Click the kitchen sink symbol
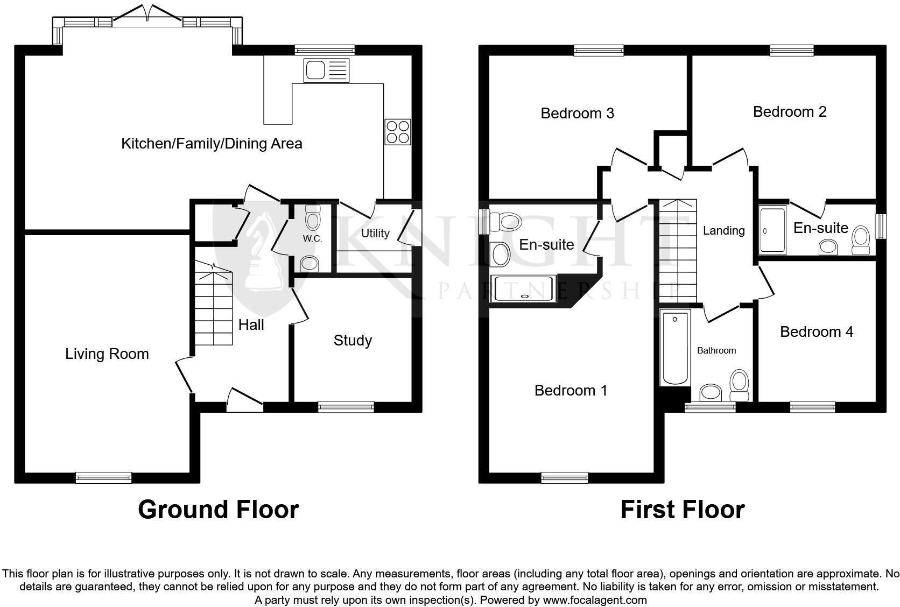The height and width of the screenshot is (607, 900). [326, 70]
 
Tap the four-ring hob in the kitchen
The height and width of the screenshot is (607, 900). [397, 132]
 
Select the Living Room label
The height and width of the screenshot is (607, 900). [107, 354]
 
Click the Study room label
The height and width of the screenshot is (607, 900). [353, 340]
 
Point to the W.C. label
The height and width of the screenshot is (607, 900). [312, 238]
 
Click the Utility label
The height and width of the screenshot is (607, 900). [375, 233]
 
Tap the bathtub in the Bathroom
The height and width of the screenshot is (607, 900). [675, 347]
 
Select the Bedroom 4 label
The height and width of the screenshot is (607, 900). [816, 331]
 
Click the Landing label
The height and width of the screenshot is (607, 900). [723, 230]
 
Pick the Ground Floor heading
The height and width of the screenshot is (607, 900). [218, 509]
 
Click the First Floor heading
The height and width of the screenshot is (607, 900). [682, 509]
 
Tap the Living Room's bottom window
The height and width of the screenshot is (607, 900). [103, 477]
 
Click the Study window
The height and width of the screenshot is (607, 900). [346, 407]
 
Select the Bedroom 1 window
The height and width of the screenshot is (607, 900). [564, 477]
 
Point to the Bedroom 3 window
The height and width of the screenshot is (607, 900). [599, 51]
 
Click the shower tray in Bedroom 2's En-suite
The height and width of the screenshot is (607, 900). [772, 230]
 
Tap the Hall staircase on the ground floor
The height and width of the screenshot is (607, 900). [214, 309]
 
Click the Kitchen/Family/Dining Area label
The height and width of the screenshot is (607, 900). [212, 144]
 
